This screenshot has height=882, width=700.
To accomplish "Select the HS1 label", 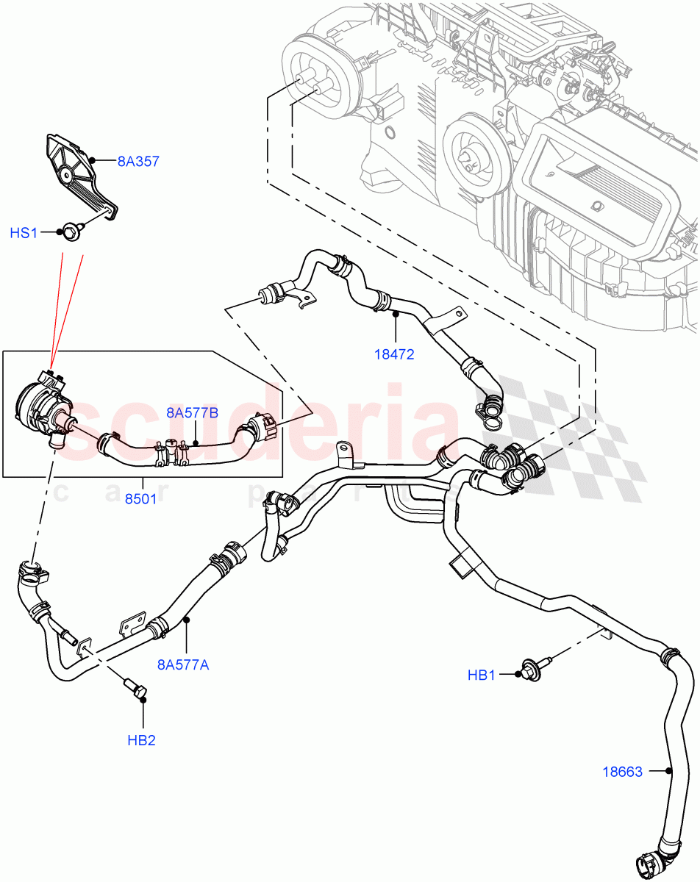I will [x=24, y=233].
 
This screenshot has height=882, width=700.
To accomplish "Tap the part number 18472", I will [x=394, y=354].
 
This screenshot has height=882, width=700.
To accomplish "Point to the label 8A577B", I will [x=192, y=412].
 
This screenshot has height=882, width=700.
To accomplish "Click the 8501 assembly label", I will [x=140, y=498].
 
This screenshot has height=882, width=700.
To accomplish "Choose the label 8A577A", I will [x=183, y=664].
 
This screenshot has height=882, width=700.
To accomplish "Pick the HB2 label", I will [x=141, y=739].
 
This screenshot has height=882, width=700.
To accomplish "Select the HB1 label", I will [x=482, y=675].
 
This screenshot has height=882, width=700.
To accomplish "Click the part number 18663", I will [x=622, y=772].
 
